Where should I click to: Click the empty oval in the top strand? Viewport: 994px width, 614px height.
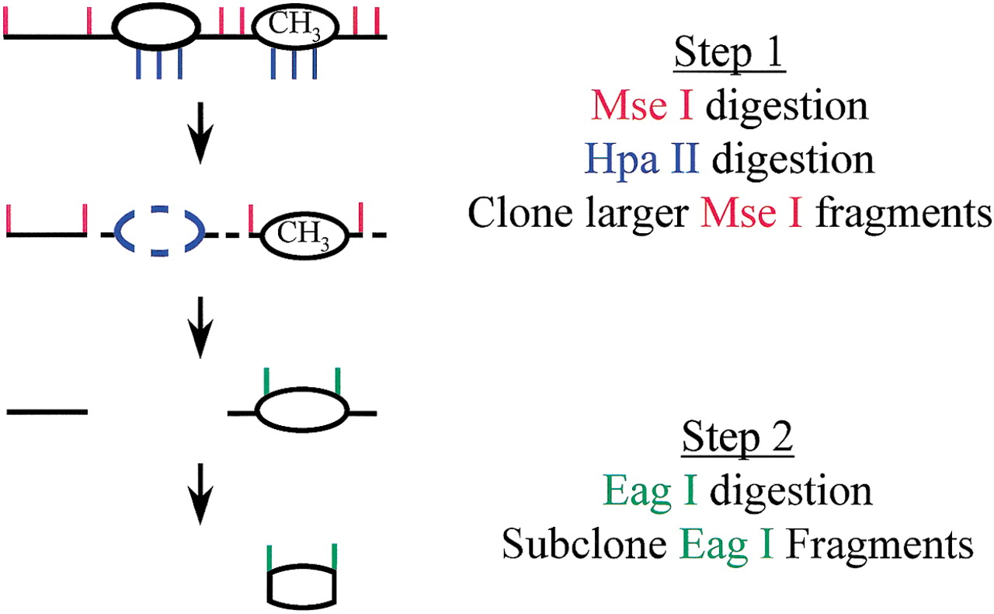tap(156, 30)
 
